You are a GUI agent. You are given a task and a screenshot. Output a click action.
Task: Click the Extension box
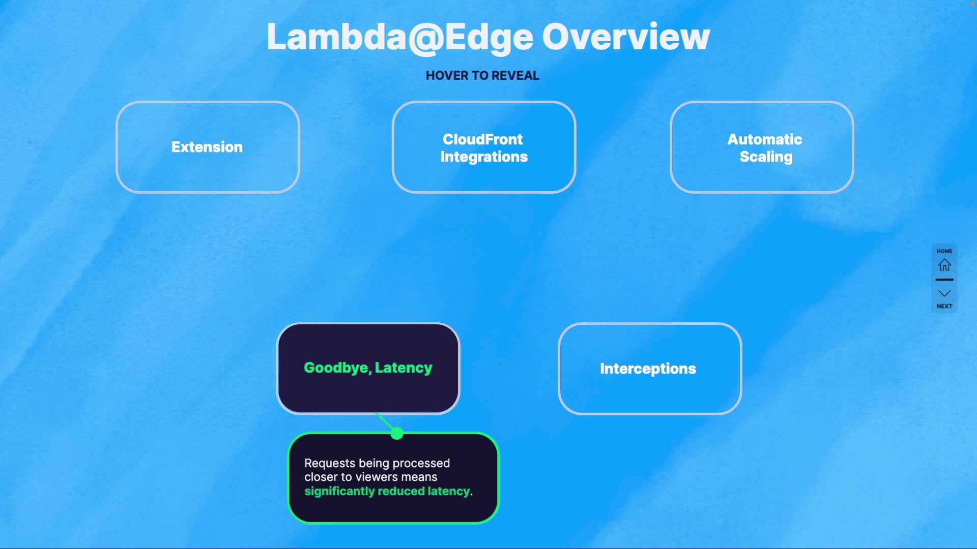[x=208, y=147]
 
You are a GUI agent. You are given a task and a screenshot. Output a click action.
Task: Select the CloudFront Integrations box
[x=483, y=147]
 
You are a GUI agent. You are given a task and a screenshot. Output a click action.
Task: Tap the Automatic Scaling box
[x=762, y=147]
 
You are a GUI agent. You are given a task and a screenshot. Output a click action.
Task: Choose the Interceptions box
[x=650, y=369]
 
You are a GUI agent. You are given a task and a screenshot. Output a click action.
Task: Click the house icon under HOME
[x=944, y=265]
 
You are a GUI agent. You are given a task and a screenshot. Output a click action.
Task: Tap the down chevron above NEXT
[x=944, y=293]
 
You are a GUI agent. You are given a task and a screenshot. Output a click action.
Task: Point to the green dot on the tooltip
[x=397, y=434]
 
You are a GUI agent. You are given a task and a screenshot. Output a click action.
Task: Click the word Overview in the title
[x=625, y=37]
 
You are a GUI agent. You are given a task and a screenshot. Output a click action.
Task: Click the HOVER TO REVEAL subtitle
[x=482, y=76]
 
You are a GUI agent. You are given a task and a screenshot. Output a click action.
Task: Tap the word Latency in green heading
[x=404, y=368]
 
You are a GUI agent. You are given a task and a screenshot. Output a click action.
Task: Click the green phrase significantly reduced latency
[x=387, y=491]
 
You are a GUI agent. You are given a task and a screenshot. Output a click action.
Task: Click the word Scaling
[x=766, y=157]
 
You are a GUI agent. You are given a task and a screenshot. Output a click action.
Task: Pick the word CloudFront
[x=482, y=139]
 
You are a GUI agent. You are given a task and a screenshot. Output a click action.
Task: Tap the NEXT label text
[x=944, y=306]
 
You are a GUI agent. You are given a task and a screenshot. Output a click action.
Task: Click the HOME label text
[x=944, y=251]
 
